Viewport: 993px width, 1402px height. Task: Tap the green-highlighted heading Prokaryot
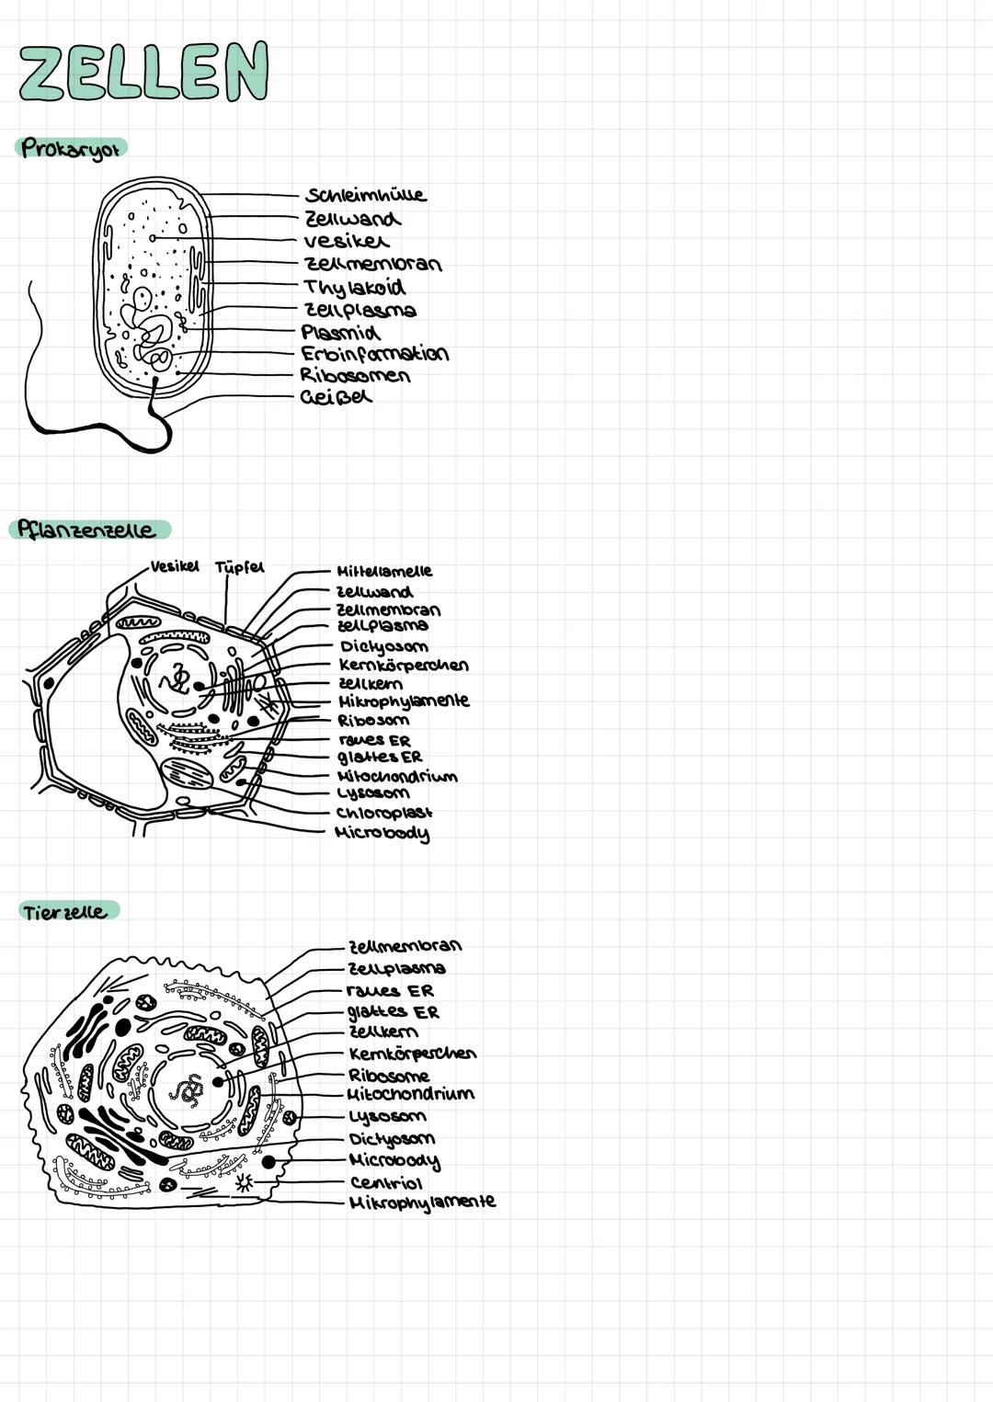(x=72, y=148)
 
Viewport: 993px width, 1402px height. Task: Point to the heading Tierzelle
(x=66, y=912)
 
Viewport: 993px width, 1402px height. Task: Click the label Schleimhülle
(x=366, y=195)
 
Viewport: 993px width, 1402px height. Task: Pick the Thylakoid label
(x=355, y=288)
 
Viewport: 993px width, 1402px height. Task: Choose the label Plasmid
(x=340, y=332)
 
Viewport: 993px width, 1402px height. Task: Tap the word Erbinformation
(x=374, y=354)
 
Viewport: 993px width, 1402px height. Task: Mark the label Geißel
(x=336, y=397)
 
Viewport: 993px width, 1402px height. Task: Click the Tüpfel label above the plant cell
(x=239, y=567)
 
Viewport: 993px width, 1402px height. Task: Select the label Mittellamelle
(x=384, y=571)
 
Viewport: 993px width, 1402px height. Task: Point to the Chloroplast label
(x=384, y=813)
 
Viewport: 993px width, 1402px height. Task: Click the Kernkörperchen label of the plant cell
(x=404, y=665)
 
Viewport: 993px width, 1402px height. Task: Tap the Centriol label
(x=385, y=1183)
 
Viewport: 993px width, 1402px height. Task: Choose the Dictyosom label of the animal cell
(x=392, y=1139)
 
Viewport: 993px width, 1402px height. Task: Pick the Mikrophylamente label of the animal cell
(x=422, y=1203)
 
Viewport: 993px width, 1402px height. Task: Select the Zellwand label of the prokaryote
(x=352, y=219)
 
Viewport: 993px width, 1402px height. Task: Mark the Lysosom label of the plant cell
(x=373, y=792)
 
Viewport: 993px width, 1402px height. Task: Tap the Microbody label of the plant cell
(x=382, y=834)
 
